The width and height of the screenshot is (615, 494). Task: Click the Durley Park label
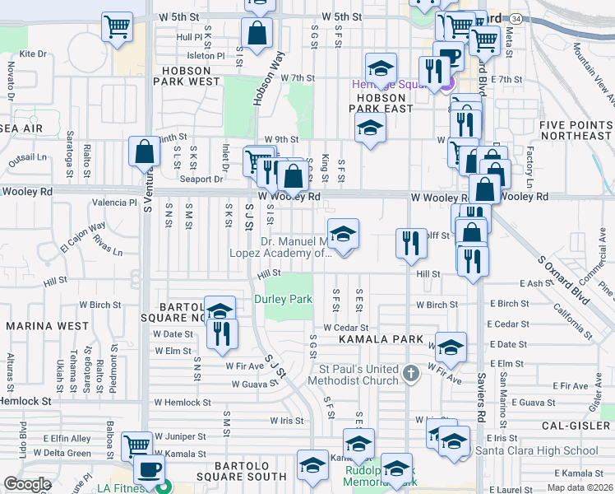[283, 299]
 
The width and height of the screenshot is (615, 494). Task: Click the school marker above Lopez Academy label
[343, 235]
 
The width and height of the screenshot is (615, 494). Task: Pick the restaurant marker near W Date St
[221, 333]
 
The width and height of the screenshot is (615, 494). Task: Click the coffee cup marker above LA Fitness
[148, 468]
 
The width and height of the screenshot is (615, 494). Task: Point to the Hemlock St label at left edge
[25, 401]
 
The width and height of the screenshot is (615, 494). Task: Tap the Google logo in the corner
[27, 484]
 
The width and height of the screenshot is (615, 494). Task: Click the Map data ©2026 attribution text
[580, 488]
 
